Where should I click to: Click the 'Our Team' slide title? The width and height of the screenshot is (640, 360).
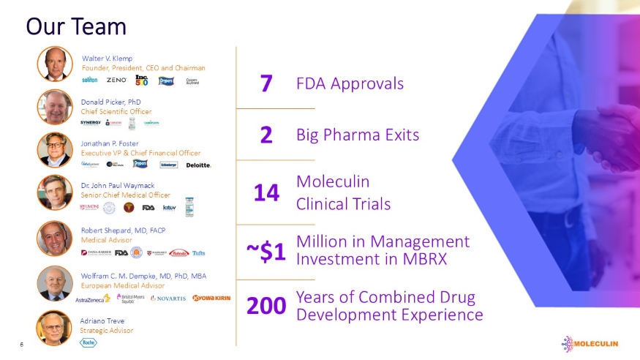(x=76, y=26)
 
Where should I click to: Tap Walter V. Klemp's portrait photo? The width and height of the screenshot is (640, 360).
(x=55, y=64)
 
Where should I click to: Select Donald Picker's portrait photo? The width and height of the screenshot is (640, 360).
(x=55, y=107)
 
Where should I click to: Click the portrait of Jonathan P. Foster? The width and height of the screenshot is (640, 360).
(x=55, y=149)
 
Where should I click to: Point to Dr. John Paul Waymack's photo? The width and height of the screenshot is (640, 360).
(x=55, y=192)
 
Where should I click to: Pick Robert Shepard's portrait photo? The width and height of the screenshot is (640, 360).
(x=55, y=238)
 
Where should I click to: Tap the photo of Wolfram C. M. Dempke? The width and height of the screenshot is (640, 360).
(x=55, y=282)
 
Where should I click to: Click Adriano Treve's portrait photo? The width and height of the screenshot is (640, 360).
(x=55, y=327)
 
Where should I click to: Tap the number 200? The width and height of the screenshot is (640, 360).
(x=266, y=306)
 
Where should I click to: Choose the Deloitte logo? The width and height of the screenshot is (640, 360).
(x=199, y=165)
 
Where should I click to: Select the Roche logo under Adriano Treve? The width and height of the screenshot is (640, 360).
(x=88, y=342)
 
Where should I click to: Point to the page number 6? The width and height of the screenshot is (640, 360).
(x=23, y=345)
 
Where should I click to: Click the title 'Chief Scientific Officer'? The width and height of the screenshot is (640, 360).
(x=116, y=111)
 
